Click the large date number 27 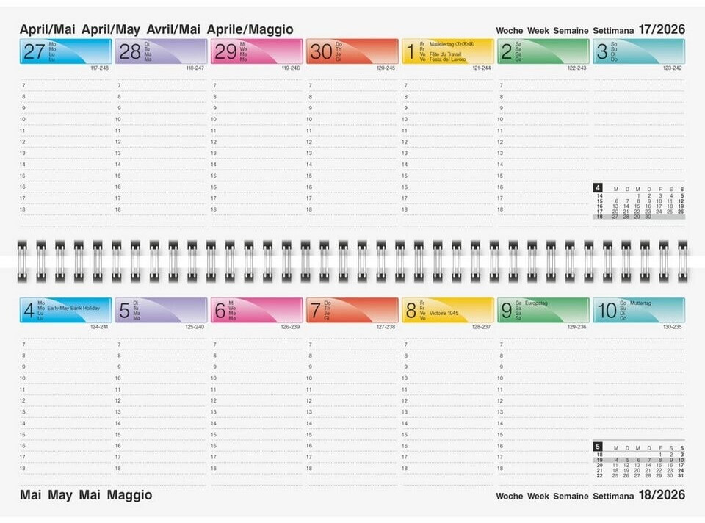point(34,51)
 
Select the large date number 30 point(321,51)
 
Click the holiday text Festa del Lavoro point(447,59)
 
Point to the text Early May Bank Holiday point(73,308)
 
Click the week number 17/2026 point(662,29)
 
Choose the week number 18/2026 point(662,495)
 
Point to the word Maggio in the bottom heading point(129,495)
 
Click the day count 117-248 point(98,68)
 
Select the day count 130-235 point(671,326)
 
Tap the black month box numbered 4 point(598,187)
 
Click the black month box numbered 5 point(598,446)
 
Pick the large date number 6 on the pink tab point(219,311)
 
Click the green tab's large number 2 point(506,51)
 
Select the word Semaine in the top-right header point(571,30)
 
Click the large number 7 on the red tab point(314,311)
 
